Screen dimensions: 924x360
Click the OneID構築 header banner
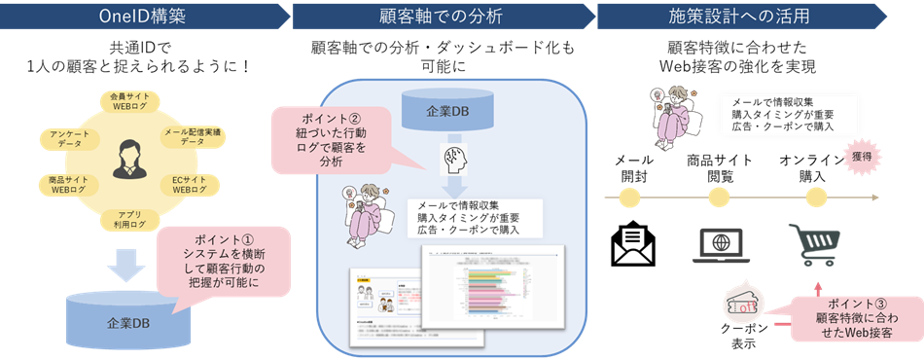141,16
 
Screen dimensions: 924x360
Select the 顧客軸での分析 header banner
443,16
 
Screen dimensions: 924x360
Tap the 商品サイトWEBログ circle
69,185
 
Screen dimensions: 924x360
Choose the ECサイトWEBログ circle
192,185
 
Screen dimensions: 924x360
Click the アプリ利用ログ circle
129,219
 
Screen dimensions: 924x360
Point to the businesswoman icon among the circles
129,161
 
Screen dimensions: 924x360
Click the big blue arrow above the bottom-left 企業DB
129,263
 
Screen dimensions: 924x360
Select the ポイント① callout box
224,260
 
